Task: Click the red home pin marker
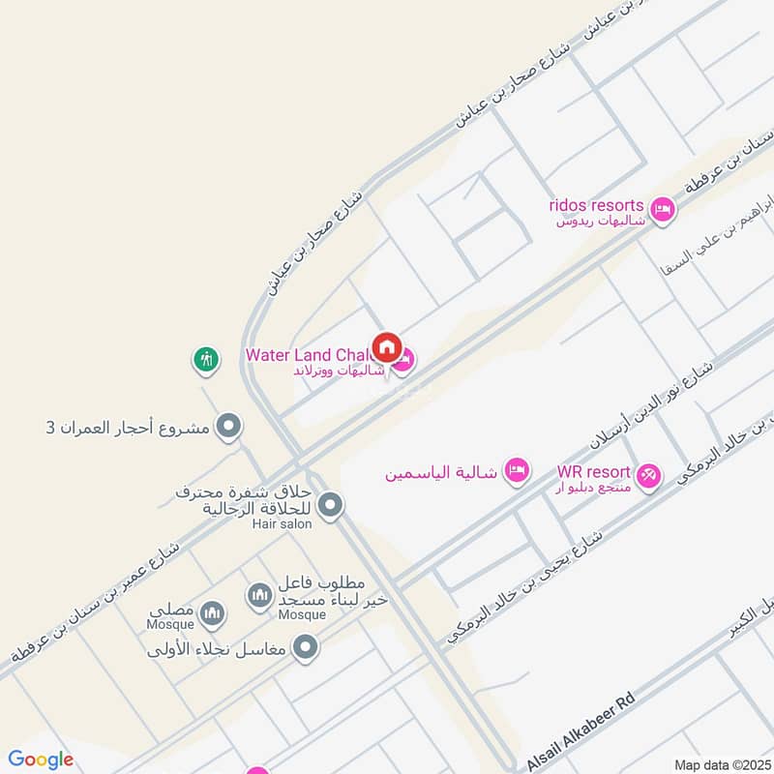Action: (387, 345)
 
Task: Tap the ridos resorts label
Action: (596, 205)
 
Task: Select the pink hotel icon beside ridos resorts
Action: (662, 209)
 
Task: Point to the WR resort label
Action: (593, 473)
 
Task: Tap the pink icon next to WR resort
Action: (648, 475)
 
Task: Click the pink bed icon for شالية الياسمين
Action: (518, 470)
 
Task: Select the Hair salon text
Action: (279, 523)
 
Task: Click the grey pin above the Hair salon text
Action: (331, 504)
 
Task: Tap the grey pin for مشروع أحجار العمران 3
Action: (229, 425)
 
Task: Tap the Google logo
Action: (40, 759)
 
